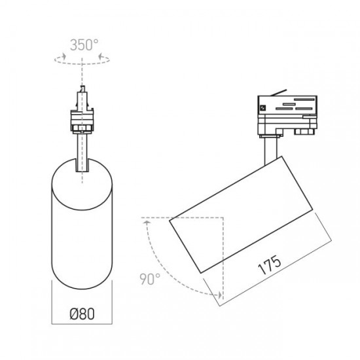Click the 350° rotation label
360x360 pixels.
(x=84, y=45)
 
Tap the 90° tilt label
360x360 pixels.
(x=150, y=279)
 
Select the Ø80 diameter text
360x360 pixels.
(x=82, y=314)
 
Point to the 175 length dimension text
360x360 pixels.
(x=270, y=264)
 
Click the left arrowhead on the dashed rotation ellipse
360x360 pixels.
(x=63, y=56)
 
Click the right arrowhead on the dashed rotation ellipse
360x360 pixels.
(x=100, y=56)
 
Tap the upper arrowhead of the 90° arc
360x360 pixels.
(x=147, y=222)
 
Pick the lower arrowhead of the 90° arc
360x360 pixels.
(x=220, y=295)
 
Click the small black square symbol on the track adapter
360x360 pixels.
(x=262, y=108)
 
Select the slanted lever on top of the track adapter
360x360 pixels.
(x=278, y=92)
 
